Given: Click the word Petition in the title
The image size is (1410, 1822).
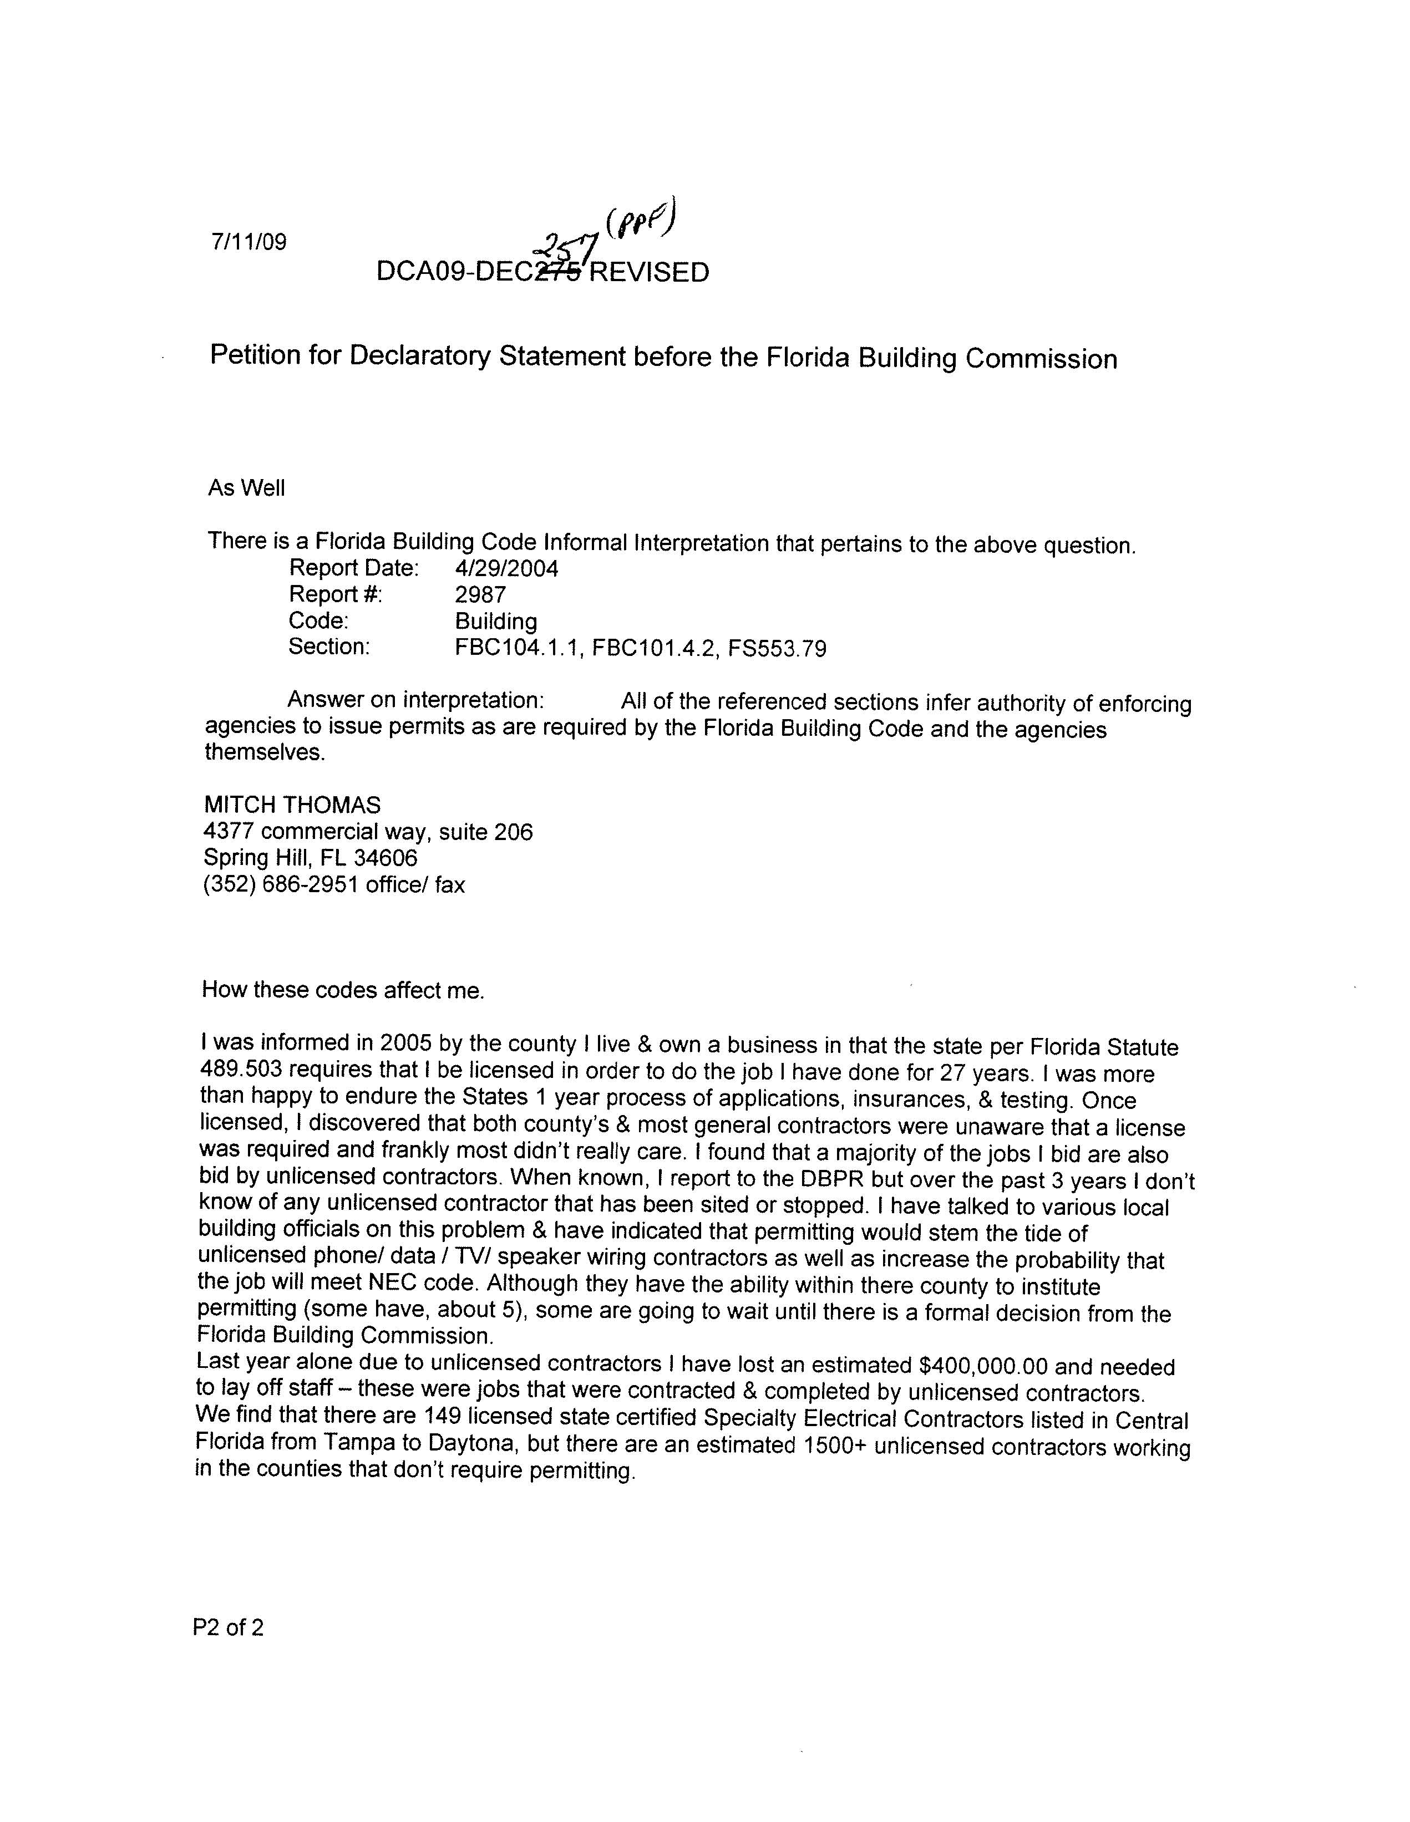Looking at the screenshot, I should (x=255, y=355).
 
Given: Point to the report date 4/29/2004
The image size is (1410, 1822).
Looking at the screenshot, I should (x=506, y=569).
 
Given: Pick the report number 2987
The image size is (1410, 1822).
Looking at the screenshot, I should (x=480, y=595).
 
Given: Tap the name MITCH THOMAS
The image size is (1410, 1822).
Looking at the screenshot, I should (x=292, y=805).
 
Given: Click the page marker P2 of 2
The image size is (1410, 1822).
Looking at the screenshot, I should (x=228, y=1627).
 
